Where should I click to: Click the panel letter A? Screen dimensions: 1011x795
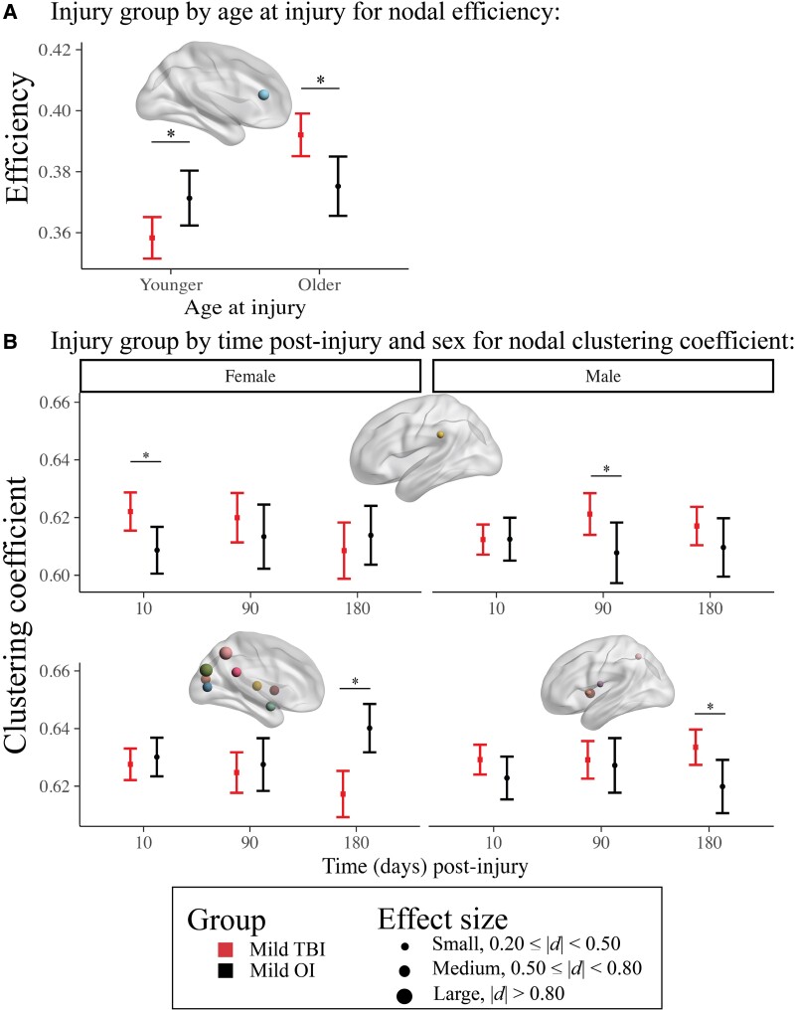click(12, 14)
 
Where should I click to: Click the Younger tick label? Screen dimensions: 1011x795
click(170, 285)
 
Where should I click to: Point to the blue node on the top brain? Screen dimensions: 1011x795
click(264, 94)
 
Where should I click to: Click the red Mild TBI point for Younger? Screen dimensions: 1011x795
click(152, 238)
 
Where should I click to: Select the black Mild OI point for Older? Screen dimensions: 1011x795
click(338, 186)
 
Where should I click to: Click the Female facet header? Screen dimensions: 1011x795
click(250, 377)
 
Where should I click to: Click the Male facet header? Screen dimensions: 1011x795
click(603, 377)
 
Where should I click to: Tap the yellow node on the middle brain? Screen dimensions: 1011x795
click(440, 434)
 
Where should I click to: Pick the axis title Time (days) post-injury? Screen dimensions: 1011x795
click(424, 866)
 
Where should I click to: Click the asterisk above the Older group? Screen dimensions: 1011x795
click(320, 80)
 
